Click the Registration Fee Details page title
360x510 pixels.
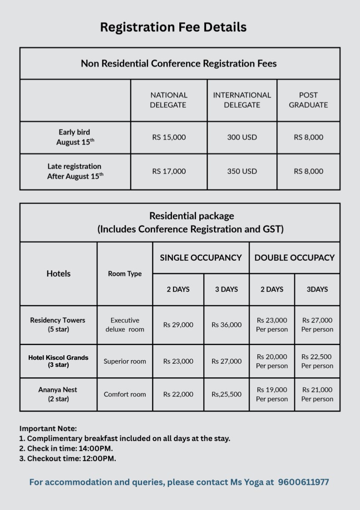(x=173, y=27)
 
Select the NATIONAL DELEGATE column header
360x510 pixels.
(x=169, y=100)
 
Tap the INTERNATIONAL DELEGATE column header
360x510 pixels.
(x=242, y=100)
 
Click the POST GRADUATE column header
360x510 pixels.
(x=308, y=100)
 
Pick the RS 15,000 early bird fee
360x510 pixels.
(x=169, y=137)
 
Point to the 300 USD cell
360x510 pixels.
(x=242, y=137)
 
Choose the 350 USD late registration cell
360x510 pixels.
(x=242, y=171)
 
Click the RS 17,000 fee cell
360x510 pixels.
(x=169, y=171)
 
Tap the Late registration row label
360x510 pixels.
(x=75, y=171)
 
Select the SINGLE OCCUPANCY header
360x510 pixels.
(x=201, y=257)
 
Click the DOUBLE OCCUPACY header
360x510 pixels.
(x=294, y=257)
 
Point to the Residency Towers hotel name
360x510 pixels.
(x=58, y=320)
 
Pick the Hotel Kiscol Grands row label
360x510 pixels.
(x=58, y=358)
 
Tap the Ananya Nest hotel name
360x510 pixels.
(x=58, y=390)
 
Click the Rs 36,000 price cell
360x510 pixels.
(x=227, y=325)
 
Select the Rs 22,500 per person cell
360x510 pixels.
(x=317, y=361)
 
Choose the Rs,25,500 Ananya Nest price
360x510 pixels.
(x=227, y=394)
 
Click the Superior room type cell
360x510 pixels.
(x=125, y=361)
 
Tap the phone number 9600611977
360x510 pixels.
(x=303, y=482)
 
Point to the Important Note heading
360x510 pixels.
(x=48, y=428)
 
